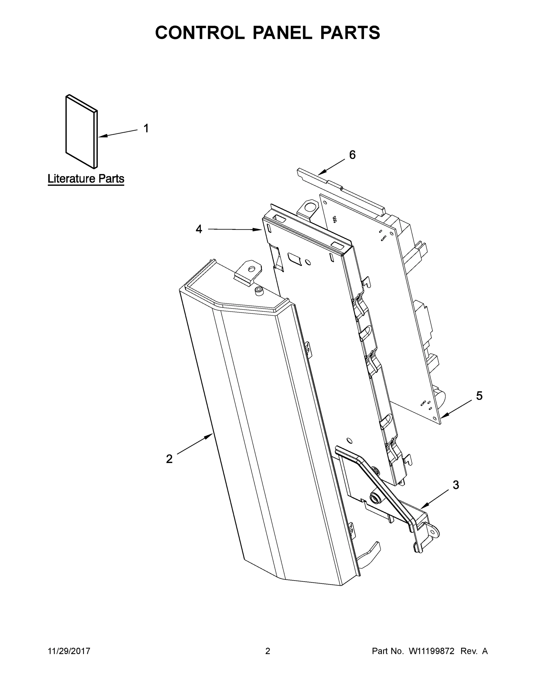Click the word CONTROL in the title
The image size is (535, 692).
pos(200,33)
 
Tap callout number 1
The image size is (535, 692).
pos(146,128)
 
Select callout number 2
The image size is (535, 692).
pos(169,459)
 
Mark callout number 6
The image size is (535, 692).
pos(352,155)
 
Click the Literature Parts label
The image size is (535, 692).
pos(86,179)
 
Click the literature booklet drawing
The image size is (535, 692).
pos(81,131)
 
